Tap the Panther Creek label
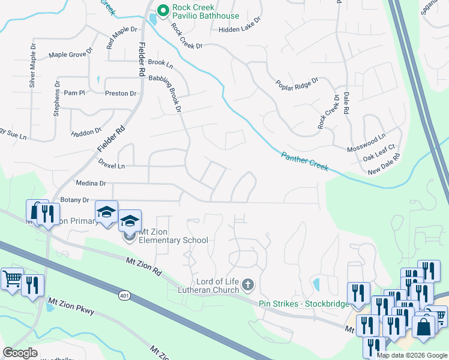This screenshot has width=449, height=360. pyautogui.click(x=305, y=161)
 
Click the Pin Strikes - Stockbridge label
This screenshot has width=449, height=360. pyautogui.click(x=304, y=304)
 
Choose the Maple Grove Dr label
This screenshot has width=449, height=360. pyautogui.click(x=70, y=54)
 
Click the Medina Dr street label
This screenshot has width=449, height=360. pyautogui.click(x=90, y=183)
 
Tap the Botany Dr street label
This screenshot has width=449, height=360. pyautogui.click(x=74, y=200)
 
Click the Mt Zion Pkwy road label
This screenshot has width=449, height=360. pyautogui.click(x=71, y=304)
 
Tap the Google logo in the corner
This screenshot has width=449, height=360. pyautogui.click(x=20, y=353)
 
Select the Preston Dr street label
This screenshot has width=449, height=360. pyautogui.click(x=121, y=94)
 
